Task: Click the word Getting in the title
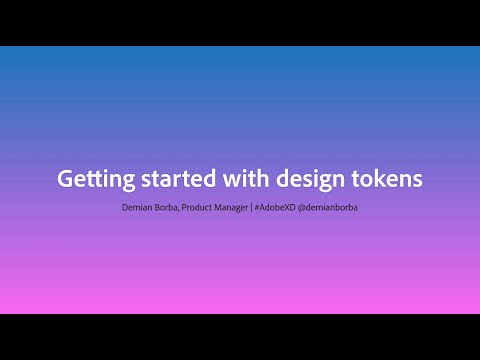(91, 180)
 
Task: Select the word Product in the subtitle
(207, 208)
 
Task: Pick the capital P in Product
(194, 208)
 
